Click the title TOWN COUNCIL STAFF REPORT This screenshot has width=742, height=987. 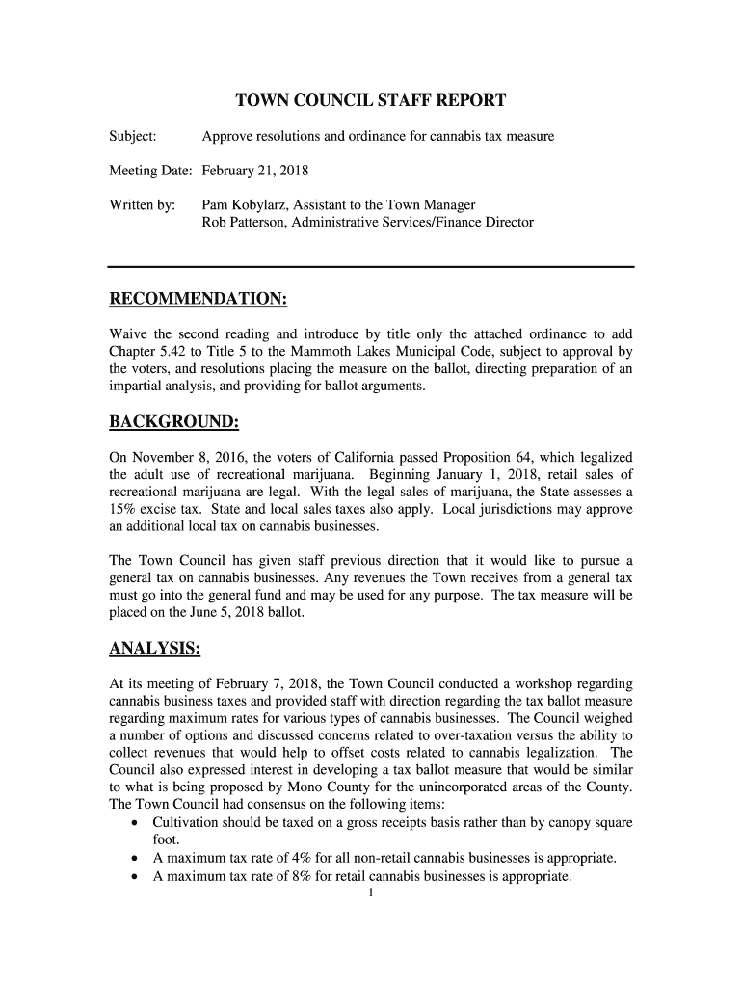(x=371, y=100)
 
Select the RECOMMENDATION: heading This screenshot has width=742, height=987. (x=197, y=300)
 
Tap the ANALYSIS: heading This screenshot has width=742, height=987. (x=154, y=649)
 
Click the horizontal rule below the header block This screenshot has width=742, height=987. (x=371, y=266)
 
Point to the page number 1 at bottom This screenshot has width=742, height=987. (x=371, y=894)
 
